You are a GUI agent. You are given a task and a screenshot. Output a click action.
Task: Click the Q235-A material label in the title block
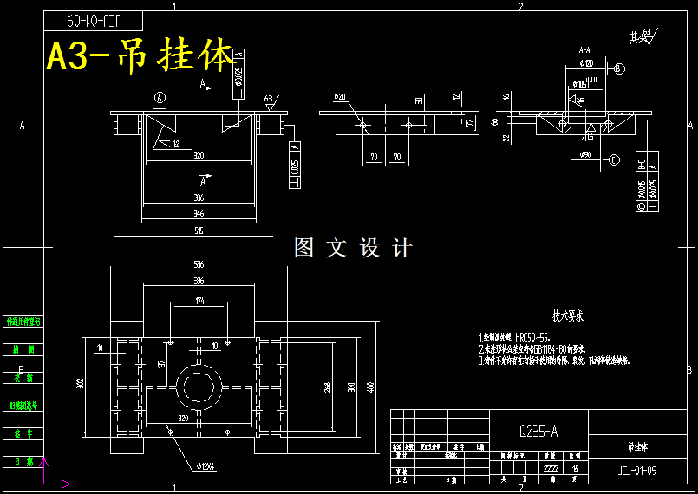[x=538, y=430]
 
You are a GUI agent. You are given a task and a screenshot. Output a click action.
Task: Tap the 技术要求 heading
[x=568, y=316]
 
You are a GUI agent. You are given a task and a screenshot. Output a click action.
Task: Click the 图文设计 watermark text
[x=353, y=248]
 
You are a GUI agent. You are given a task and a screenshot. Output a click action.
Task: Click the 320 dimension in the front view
[x=199, y=156]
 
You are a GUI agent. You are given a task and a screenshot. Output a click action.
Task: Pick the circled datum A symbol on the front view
[x=160, y=96]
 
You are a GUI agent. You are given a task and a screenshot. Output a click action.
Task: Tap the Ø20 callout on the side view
[x=339, y=96]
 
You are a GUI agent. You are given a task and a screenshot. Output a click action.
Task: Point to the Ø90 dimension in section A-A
[x=586, y=154]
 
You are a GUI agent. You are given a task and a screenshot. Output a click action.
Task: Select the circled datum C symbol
[x=614, y=159]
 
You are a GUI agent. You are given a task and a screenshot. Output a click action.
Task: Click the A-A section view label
[x=584, y=50]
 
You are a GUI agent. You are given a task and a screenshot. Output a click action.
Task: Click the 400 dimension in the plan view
[x=370, y=386]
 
